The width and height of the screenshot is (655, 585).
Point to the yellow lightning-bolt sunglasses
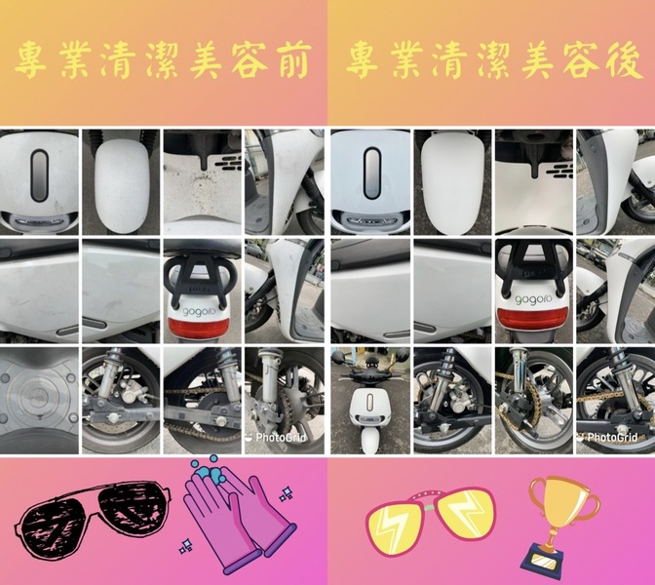point(430,522)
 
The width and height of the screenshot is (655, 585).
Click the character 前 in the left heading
point(289,60)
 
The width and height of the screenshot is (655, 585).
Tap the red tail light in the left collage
point(203,325)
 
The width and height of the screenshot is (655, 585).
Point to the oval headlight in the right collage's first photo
point(371,175)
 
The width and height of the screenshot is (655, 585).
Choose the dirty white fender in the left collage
point(121,185)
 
